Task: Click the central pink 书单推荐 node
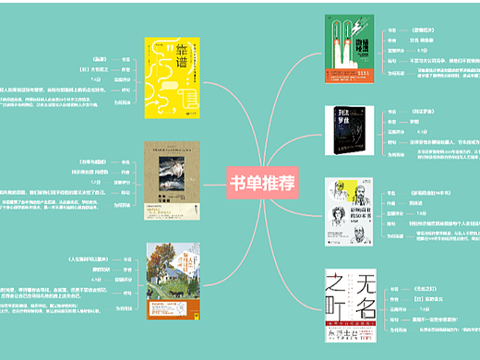pyautogui.click(x=261, y=182)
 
